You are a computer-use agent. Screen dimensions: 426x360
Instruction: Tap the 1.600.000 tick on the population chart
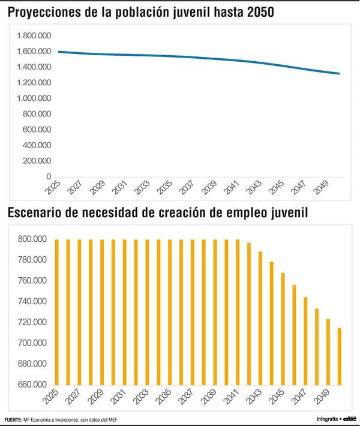point(35,51)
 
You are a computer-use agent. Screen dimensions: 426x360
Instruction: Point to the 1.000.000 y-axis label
point(35,98)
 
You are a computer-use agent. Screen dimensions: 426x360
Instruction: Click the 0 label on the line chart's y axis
point(48,176)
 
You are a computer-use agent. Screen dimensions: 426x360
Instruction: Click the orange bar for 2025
point(57,312)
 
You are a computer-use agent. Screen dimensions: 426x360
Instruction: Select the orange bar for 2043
point(260,318)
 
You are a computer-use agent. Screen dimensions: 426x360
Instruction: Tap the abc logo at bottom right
point(350,418)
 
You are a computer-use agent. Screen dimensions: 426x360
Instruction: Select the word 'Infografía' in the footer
point(326,418)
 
